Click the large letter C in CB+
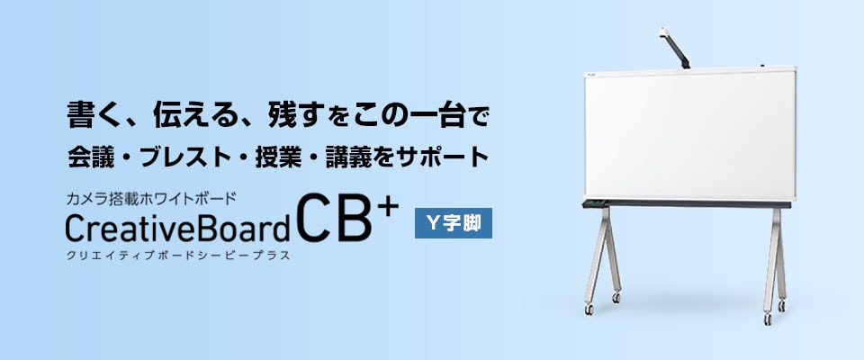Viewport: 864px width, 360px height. click(314, 223)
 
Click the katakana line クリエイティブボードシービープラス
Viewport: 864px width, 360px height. click(177, 256)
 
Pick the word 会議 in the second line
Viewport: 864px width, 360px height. click(89, 156)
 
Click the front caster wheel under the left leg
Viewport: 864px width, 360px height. click(589, 310)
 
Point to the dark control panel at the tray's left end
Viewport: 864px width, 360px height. click(594, 202)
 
